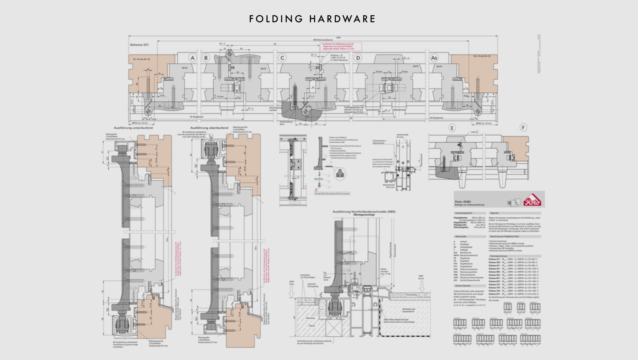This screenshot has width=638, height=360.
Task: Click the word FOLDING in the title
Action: tap(276, 19)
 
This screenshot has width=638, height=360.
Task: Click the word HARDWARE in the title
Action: tap(343, 19)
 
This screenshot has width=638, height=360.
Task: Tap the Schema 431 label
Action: tap(139, 45)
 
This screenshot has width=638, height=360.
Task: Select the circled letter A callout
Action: tap(192, 58)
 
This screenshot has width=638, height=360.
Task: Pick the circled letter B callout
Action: tap(206, 58)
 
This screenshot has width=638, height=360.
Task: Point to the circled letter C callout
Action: tap(282, 58)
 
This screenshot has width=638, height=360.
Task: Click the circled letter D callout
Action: tap(358, 58)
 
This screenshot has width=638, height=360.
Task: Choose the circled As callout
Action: tap(434, 58)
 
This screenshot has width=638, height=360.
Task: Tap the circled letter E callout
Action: tap(452, 128)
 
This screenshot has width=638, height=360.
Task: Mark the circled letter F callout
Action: tap(523, 128)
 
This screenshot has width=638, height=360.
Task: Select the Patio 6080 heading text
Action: tap(463, 202)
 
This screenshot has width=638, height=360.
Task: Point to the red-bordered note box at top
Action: tap(341, 47)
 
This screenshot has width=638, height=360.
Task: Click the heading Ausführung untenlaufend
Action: tap(133, 128)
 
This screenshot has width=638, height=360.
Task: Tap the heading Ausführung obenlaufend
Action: tap(209, 128)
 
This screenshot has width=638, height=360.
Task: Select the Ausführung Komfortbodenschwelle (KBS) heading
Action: tap(364, 212)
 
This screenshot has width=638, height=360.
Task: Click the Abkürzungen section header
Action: tap(461, 236)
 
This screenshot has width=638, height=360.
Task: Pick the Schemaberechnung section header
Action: tap(499, 256)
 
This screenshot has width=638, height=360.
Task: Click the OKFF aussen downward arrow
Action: tap(422, 288)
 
